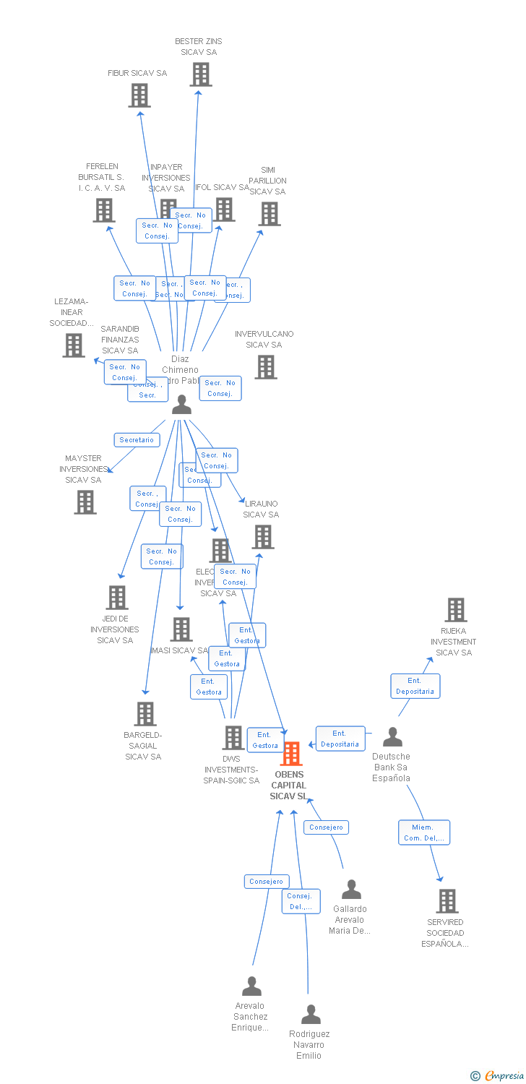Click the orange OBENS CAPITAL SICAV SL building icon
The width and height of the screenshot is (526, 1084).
[x=291, y=754]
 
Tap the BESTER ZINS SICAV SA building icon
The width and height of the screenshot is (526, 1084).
[x=201, y=74]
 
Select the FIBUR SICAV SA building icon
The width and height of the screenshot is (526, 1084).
[x=139, y=95]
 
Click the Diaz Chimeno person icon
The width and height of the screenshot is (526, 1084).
[x=181, y=405]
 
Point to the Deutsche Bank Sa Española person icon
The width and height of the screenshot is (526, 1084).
[x=392, y=737]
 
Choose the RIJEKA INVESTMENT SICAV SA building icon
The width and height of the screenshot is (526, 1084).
[x=455, y=610]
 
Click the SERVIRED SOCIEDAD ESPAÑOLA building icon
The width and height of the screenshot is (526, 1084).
[x=447, y=901]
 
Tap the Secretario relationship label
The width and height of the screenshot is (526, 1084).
[x=137, y=439]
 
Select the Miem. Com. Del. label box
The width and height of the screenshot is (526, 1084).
[x=423, y=833]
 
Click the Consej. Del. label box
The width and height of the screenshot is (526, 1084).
[x=301, y=901]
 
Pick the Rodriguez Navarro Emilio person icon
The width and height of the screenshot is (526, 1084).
[x=311, y=1015]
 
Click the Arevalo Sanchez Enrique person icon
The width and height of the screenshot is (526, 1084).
[x=251, y=986]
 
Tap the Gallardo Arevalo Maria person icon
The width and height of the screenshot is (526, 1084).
[x=351, y=890]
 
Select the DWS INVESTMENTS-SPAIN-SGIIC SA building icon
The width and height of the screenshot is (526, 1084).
[x=233, y=738]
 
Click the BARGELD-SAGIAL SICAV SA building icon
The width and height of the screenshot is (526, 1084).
[x=145, y=714]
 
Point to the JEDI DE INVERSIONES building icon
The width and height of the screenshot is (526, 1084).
[x=117, y=598]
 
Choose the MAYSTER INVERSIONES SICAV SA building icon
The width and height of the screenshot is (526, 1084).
[x=85, y=502]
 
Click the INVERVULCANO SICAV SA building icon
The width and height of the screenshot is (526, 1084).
[x=266, y=367]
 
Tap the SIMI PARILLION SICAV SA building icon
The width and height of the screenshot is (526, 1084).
[x=270, y=214]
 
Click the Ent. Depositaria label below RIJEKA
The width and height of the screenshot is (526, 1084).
[x=415, y=686]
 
